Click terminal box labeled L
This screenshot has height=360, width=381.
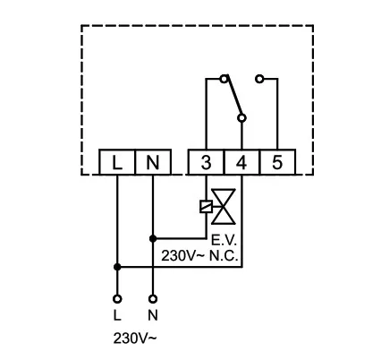pos(117,162)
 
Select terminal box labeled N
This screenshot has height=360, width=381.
pos(152,162)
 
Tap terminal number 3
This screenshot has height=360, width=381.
pos(207,162)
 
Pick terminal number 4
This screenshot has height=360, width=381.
pos(241,162)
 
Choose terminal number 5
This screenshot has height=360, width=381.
pos(276,162)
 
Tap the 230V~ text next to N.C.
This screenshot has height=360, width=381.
pos(182,255)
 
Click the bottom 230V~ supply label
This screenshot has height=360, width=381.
pos(134,339)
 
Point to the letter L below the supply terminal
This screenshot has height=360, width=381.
pos(117,316)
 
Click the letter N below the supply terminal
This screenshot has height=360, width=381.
pos(152,316)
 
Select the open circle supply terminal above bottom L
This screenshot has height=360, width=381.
pos(117,298)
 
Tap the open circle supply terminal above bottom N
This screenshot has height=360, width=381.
pos(152,298)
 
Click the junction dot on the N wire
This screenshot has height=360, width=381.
pos(152,239)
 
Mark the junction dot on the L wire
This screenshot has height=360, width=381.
pos(117,266)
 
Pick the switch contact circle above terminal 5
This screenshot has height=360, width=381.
pos(259,80)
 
